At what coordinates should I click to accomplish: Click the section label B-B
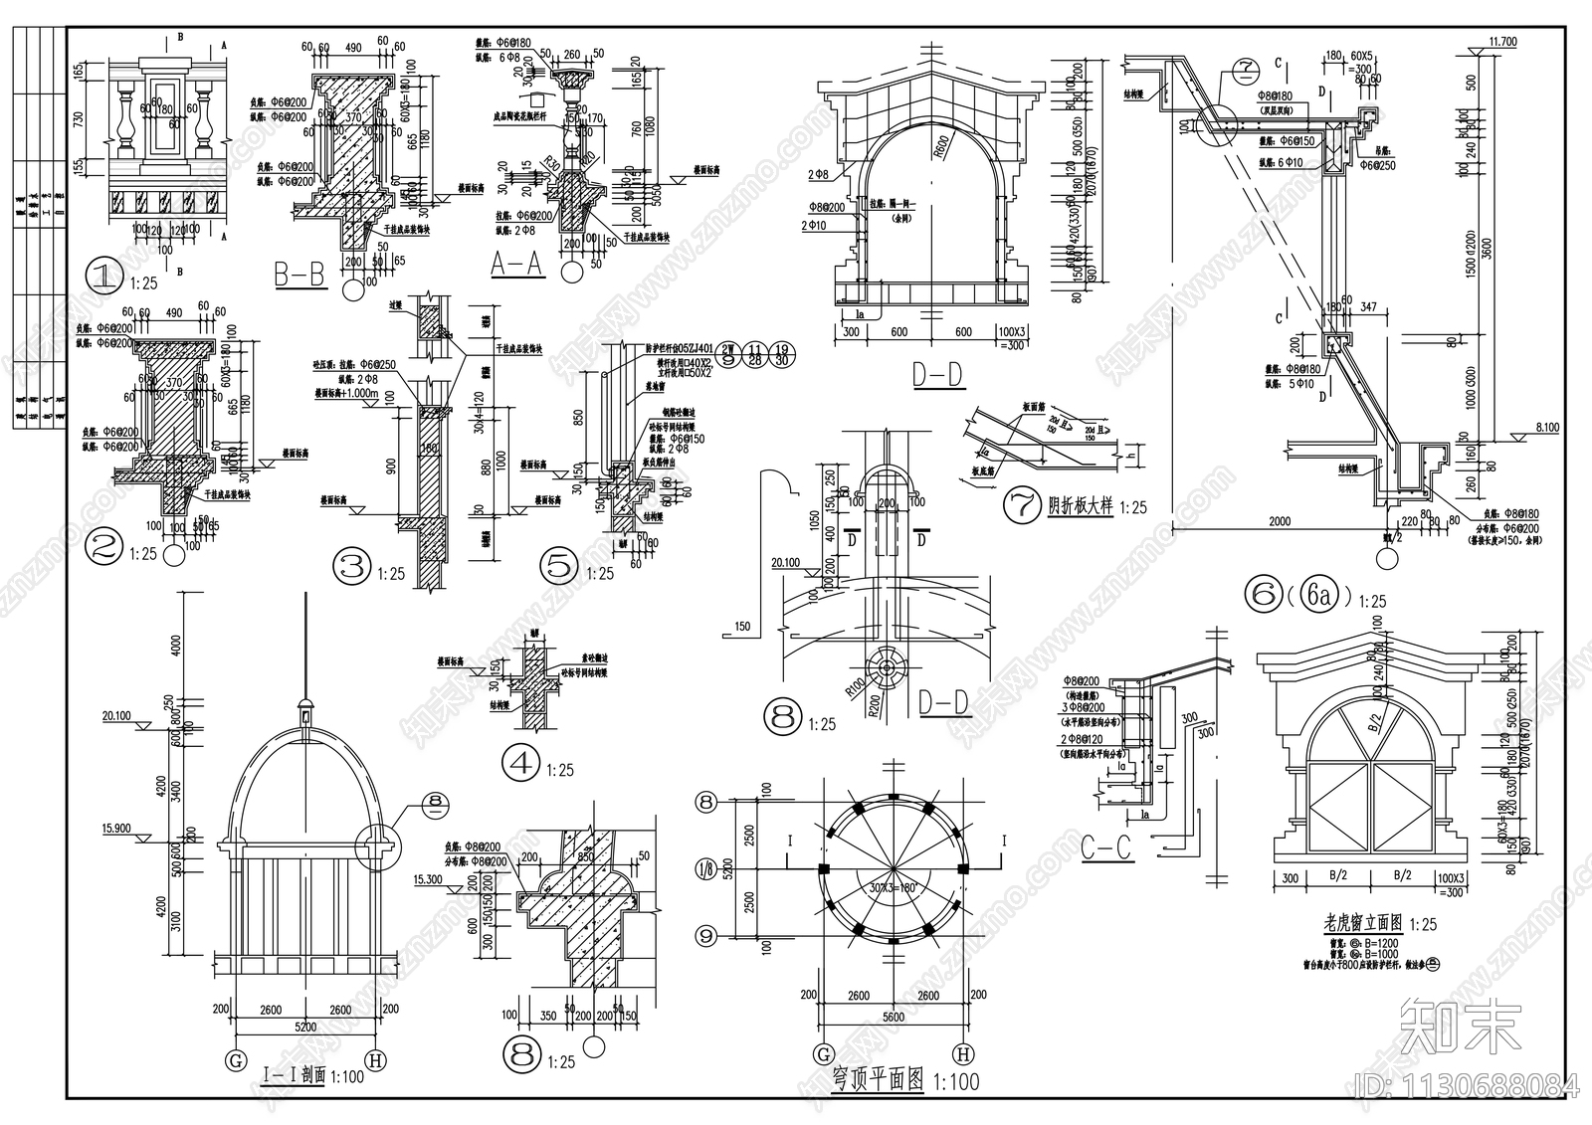point(299,275)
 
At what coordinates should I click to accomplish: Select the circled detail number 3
point(351,567)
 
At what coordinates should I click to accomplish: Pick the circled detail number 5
point(558,567)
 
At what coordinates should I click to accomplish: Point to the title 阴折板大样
point(1079,506)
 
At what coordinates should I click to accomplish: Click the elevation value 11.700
point(1501,42)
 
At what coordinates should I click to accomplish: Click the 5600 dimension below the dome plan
point(893,1016)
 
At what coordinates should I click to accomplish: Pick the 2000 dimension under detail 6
point(1279,521)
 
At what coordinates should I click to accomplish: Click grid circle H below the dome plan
point(962,1054)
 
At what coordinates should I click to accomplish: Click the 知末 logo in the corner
point(1460,1026)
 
